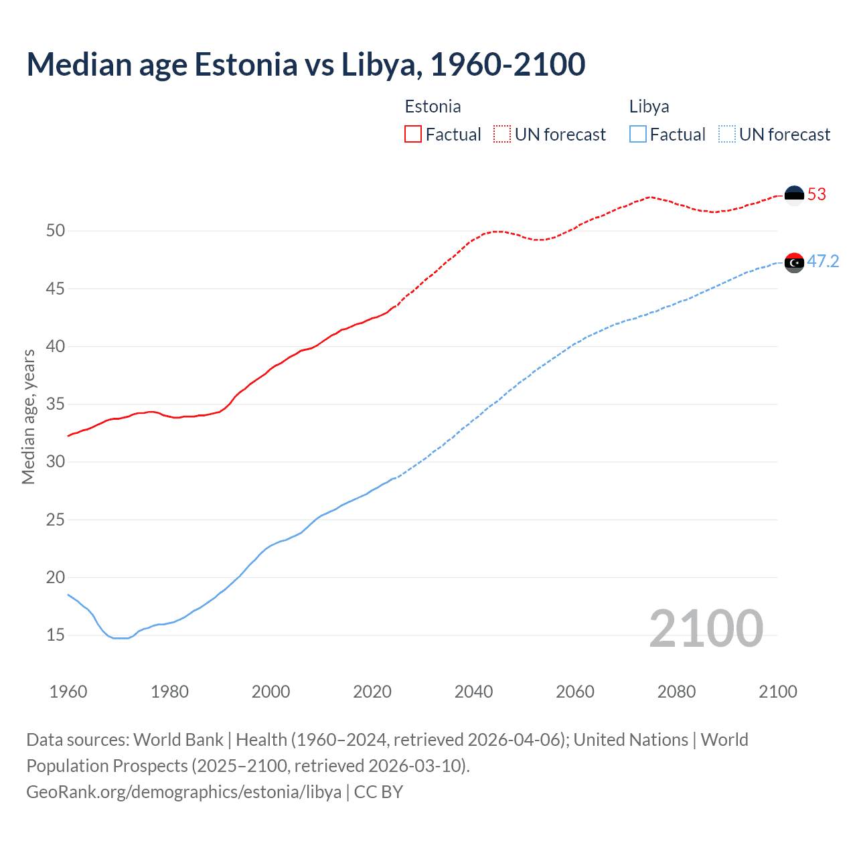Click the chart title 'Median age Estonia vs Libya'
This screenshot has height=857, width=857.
306,64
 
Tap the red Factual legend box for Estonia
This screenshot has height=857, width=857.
413,135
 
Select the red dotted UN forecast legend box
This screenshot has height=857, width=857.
502,135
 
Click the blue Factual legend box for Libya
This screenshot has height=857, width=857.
637,135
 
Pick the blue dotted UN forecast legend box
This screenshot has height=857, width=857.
726,135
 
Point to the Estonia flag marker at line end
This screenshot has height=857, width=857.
794,195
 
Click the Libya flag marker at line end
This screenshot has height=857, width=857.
794,262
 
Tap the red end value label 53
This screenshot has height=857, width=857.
817,195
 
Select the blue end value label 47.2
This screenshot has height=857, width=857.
823,261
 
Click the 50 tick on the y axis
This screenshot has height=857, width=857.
56,231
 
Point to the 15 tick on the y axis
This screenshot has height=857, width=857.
56,635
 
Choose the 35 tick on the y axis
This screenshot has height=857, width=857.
56,404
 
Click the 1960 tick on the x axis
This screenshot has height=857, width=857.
68,692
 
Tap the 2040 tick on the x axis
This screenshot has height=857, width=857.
473,692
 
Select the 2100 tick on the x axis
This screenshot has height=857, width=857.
777,692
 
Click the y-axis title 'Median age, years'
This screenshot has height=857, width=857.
28,416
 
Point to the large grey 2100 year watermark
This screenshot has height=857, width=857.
706,628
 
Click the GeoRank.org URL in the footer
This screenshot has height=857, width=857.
184,792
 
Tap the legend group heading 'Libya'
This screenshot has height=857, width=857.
649,106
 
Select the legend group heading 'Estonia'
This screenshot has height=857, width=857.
433,106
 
